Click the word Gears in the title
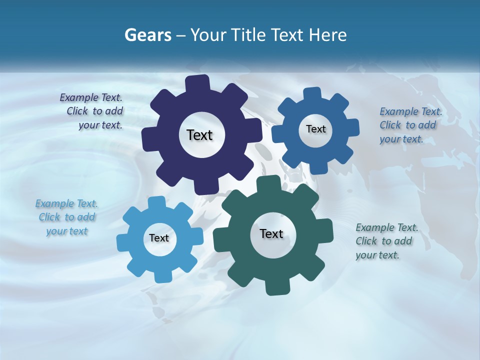tap(148, 35)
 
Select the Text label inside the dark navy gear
tap(199, 135)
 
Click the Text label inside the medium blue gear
tap(315, 129)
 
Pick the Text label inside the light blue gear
tap(158, 238)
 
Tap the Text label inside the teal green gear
tap(271, 233)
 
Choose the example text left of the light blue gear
tap(66, 217)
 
